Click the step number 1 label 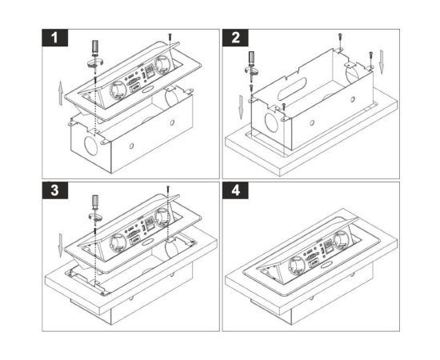point(55,38)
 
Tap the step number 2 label point(235,38)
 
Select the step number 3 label point(55,190)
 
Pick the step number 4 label point(235,190)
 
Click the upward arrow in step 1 point(60,94)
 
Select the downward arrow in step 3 point(60,246)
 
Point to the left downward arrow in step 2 point(241,107)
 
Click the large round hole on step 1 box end point(91,146)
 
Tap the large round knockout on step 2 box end point(272,122)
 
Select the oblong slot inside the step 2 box point(292,90)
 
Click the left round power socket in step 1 point(117,90)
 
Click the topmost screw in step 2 point(340,37)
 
